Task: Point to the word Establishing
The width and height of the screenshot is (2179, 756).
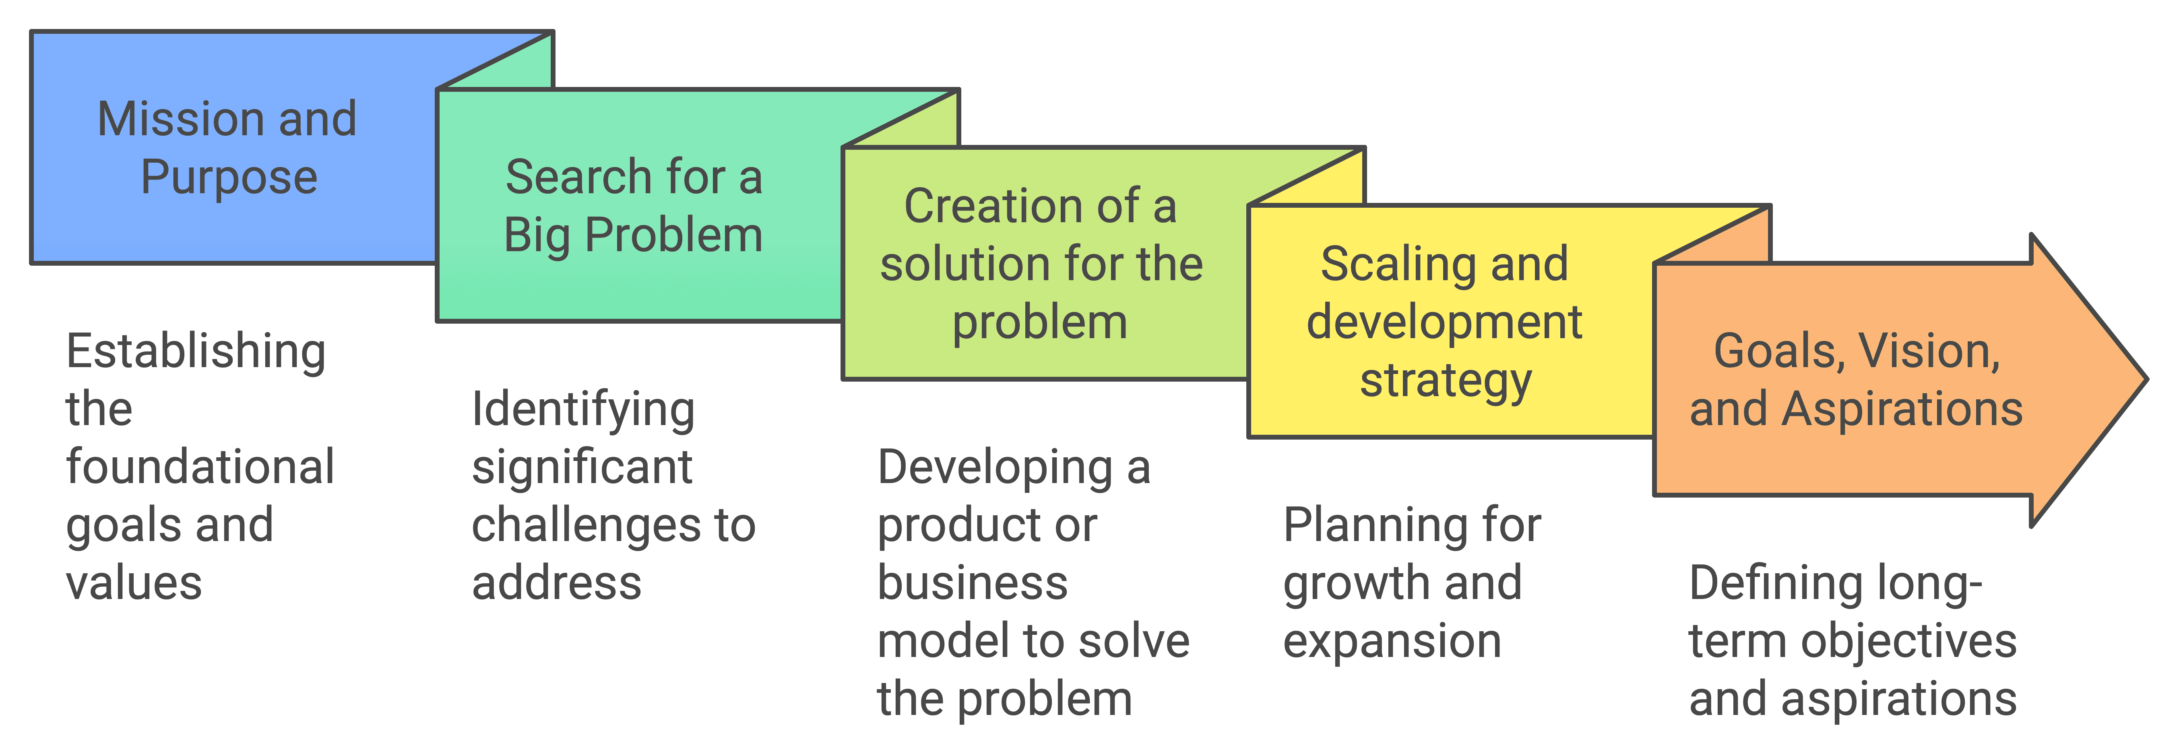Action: pyautogui.click(x=195, y=352)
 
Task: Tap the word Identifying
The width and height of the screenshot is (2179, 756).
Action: pyautogui.click(x=583, y=409)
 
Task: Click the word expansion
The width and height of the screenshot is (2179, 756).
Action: pyautogui.click(x=1392, y=641)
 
